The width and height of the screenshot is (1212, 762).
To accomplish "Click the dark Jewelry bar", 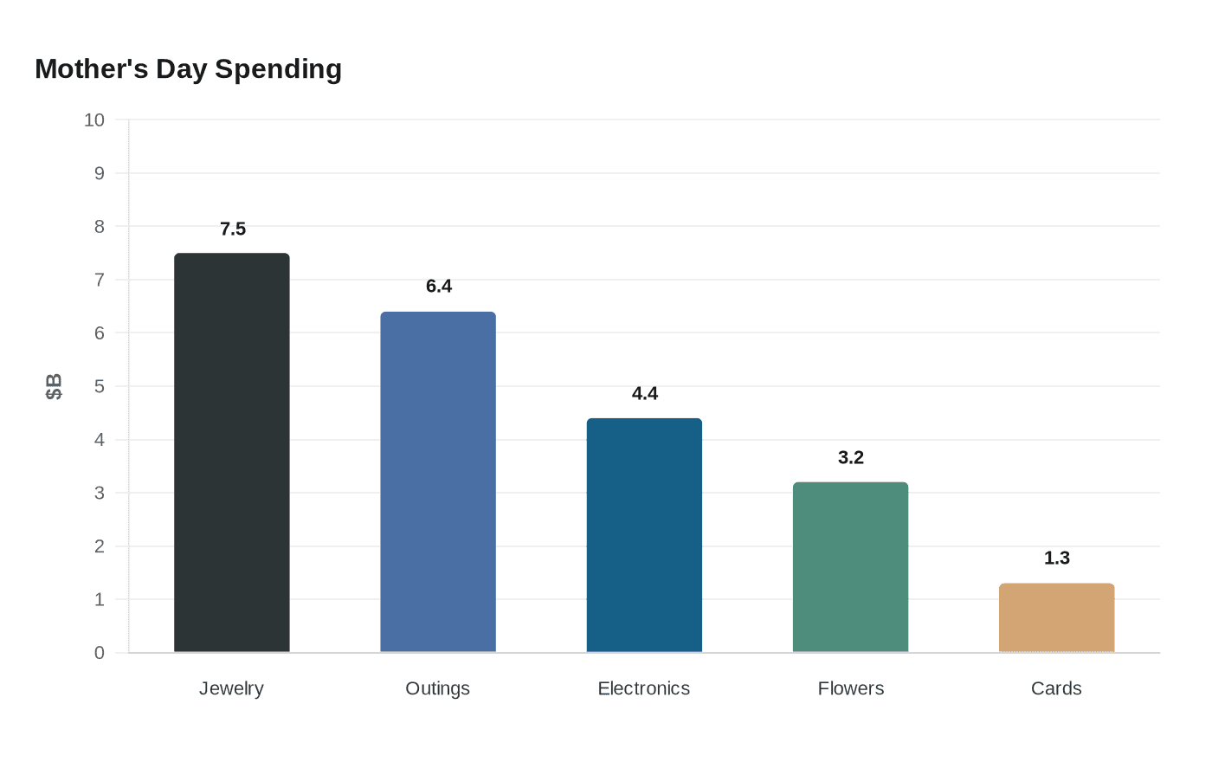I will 232,452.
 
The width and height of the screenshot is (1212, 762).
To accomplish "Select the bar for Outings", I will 438,481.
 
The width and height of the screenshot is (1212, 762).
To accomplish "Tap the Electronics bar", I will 644,535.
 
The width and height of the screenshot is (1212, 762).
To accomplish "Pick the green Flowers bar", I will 850,567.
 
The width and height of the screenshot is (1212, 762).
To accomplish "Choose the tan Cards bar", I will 1056,617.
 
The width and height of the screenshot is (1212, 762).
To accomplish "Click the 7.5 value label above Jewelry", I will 233,229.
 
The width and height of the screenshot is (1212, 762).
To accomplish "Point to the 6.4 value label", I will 439,286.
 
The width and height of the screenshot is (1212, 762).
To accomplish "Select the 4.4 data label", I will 645,393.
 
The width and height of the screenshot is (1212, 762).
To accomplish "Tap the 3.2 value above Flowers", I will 851,457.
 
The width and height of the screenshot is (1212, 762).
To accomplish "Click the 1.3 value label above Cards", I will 1057,558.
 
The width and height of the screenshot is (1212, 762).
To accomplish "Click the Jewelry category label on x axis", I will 231,688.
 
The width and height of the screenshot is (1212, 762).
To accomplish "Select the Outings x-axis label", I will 438,688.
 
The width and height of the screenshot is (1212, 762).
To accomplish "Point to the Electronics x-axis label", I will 644,688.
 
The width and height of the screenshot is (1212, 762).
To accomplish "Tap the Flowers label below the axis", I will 851,688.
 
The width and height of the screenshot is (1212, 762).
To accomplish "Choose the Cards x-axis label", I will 1056,688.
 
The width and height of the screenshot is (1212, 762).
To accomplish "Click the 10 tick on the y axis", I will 94,120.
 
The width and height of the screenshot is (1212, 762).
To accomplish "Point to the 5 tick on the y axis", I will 100,386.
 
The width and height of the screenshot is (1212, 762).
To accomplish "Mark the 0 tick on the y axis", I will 100,653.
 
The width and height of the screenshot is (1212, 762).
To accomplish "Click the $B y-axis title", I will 54,386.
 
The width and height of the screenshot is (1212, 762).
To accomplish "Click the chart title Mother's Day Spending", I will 188,68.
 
